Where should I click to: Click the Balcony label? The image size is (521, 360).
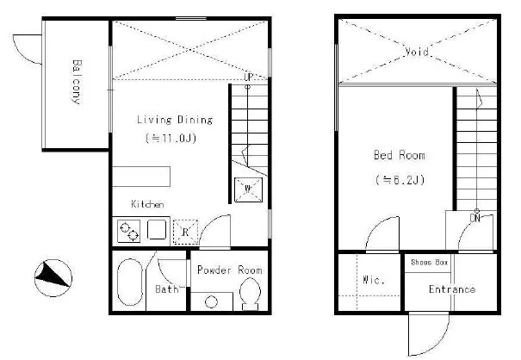(x=77, y=82)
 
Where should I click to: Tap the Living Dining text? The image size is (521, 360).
(x=175, y=120)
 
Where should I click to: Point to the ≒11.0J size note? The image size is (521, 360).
(x=171, y=138)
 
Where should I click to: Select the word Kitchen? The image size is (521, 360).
(x=147, y=204)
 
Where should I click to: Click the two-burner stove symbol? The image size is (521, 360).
(x=129, y=231)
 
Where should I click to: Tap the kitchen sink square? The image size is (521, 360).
(x=157, y=230)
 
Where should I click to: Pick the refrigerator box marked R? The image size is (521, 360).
(x=185, y=232)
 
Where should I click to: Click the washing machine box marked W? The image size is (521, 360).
(x=248, y=189)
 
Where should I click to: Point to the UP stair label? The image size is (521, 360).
(x=249, y=78)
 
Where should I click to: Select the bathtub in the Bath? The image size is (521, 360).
(x=130, y=282)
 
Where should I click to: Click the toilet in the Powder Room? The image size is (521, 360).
(x=251, y=294)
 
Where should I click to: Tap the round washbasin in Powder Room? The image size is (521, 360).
(x=211, y=302)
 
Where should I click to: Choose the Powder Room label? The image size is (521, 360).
(x=230, y=270)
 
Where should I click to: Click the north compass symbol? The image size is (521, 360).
(x=53, y=278)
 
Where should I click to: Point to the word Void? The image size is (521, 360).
(x=417, y=52)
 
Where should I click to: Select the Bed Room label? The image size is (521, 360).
(x=399, y=155)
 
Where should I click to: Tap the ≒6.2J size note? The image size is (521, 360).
(x=400, y=180)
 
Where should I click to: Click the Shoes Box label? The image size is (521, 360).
(x=430, y=263)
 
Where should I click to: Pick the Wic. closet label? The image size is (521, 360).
(x=374, y=280)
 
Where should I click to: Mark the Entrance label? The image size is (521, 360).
(x=452, y=289)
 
